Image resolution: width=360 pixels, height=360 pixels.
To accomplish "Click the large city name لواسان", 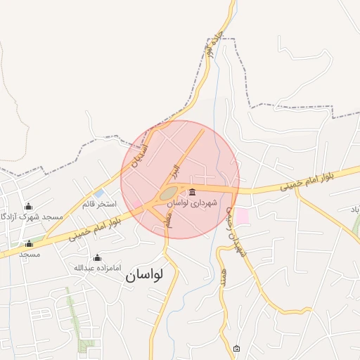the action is pyautogui.click(x=144, y=276).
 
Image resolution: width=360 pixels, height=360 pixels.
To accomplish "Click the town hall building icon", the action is pyautogui.click(x=192, y=192).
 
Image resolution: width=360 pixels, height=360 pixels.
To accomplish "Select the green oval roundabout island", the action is pyautogui.click(x=168, y=193).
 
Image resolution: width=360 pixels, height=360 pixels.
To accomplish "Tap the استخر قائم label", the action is pyautogui.click(x=98, y=204).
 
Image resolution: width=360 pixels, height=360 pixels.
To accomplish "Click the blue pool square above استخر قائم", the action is pyautogui.click(x=99, y=193).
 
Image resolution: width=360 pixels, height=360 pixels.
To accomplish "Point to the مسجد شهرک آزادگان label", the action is pyautogui.click(x=32, y=217).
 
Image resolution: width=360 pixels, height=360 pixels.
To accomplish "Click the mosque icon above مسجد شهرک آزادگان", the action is pyautogui.click(x=28, y=206).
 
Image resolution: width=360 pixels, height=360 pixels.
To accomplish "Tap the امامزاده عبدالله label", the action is pyautogui.click(x=97, y=268).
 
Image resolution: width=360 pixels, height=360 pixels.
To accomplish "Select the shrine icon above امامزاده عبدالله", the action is pyautogui.click(x=97, y=257).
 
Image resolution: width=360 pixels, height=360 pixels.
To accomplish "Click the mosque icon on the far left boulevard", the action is pyautogui.click(x=29, y=243).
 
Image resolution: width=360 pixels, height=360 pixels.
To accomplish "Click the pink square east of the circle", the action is pyautogui.click(x=241, y=216).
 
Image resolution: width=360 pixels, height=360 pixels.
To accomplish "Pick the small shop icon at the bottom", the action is pyautogui.click(x=236, y=349).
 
